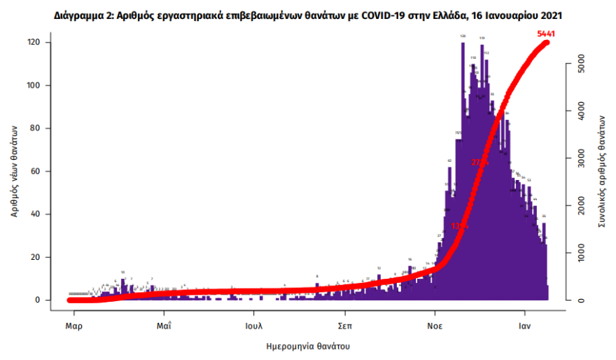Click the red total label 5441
point(545,33)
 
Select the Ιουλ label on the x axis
point(254,326)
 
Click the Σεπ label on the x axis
point(344,326)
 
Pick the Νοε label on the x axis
point(435,326)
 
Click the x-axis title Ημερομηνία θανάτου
point(308,347)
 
